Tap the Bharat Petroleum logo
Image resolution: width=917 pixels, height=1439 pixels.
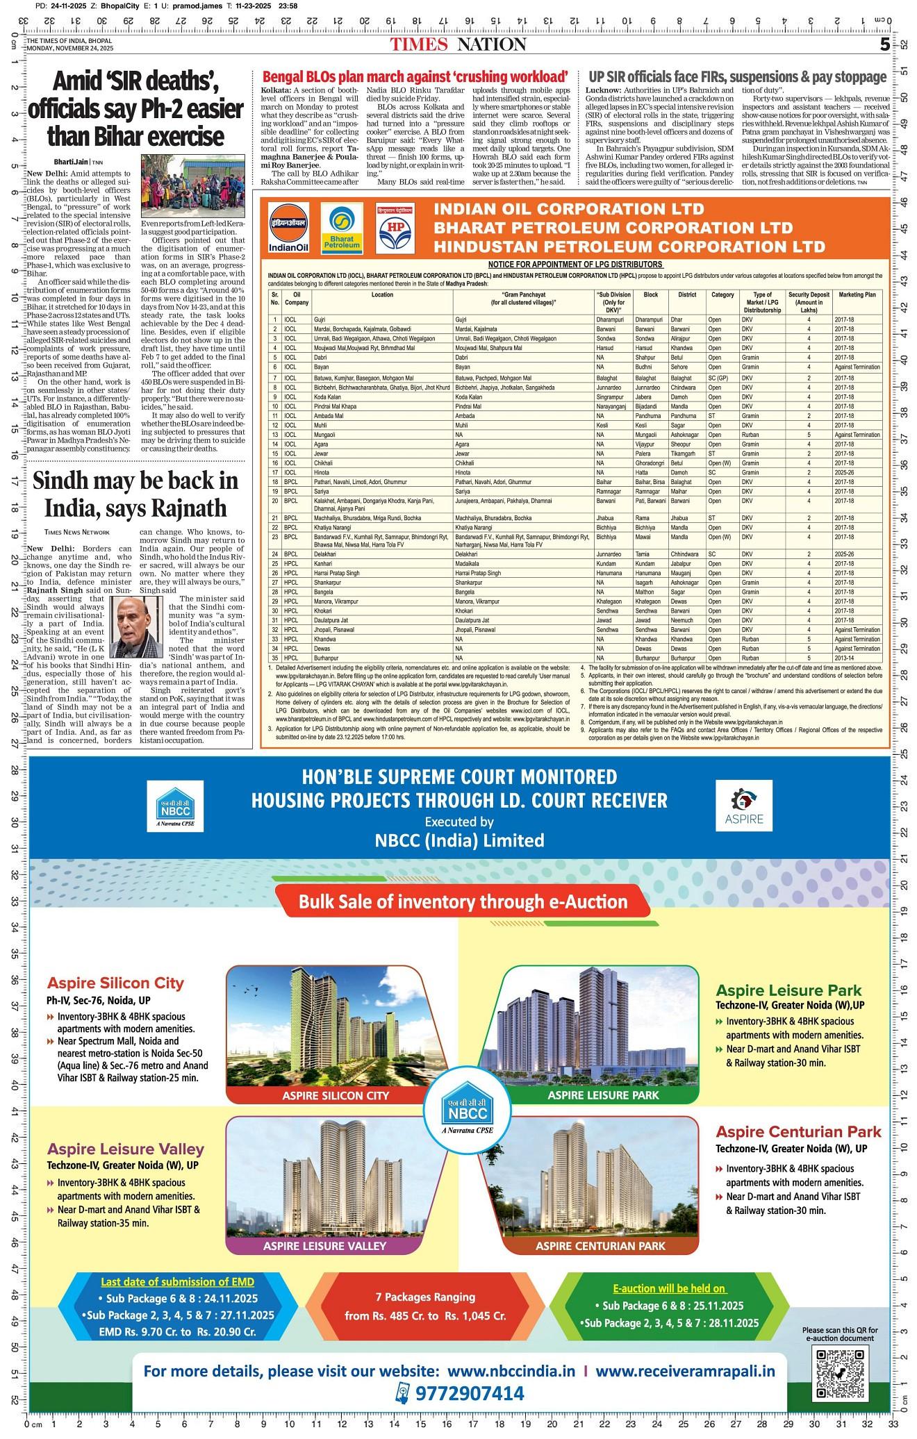coord(340,228)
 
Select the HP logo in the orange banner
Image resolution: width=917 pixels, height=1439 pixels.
coord(395,228)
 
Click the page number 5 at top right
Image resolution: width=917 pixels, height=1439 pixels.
coord(884,45)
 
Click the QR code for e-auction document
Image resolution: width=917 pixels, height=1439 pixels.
coord(841,1373)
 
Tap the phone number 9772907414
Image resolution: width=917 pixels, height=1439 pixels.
coord(470,1393)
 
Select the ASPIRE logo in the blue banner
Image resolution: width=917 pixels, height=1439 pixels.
coord(743,806)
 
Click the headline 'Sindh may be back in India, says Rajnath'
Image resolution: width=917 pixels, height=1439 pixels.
coord(135,494)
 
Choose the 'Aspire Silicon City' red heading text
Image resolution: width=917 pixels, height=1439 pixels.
coord(115,983)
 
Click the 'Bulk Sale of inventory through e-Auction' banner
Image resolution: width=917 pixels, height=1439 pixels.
coord(463,902)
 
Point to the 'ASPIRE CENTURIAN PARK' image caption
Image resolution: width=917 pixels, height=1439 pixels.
coord(600,1245)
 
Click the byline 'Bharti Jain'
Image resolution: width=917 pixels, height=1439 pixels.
coord(69,162)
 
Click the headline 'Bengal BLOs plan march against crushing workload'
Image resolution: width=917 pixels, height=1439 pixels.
coord(415,77)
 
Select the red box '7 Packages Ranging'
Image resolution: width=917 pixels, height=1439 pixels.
coord(425,1306)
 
